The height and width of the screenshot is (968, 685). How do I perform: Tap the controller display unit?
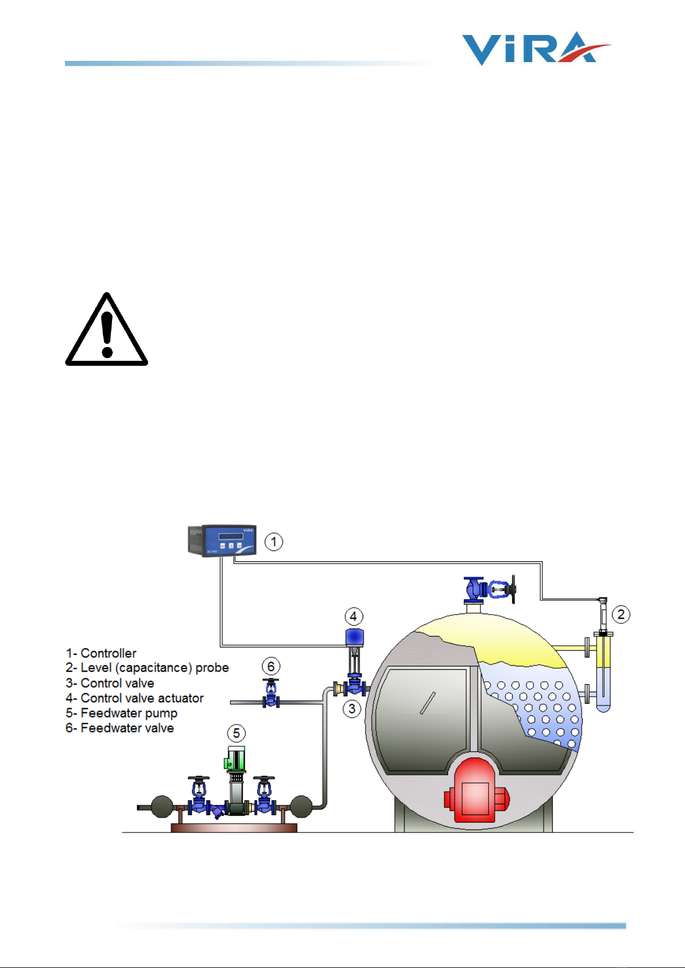[222, 541]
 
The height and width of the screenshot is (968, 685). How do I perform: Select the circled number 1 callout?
[274, 542]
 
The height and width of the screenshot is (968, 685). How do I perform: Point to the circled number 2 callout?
[621, 614]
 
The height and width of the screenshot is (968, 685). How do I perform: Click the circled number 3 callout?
[352, 709]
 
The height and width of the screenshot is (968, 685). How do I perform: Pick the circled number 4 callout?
[353, 617]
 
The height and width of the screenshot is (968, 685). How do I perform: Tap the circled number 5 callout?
[236, 734]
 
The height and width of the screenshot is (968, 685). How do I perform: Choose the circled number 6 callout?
[271, 666]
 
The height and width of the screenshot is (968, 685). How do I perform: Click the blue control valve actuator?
[355, 637]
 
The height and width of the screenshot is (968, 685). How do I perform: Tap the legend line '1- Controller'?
[101, 653]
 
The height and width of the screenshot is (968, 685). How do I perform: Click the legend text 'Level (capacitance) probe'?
[155, 668]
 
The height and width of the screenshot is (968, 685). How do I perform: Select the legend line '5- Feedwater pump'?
[121, 713]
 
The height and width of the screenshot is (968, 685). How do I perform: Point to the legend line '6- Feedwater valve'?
[120, 728]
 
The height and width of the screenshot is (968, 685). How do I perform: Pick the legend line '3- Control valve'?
[110, 683]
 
